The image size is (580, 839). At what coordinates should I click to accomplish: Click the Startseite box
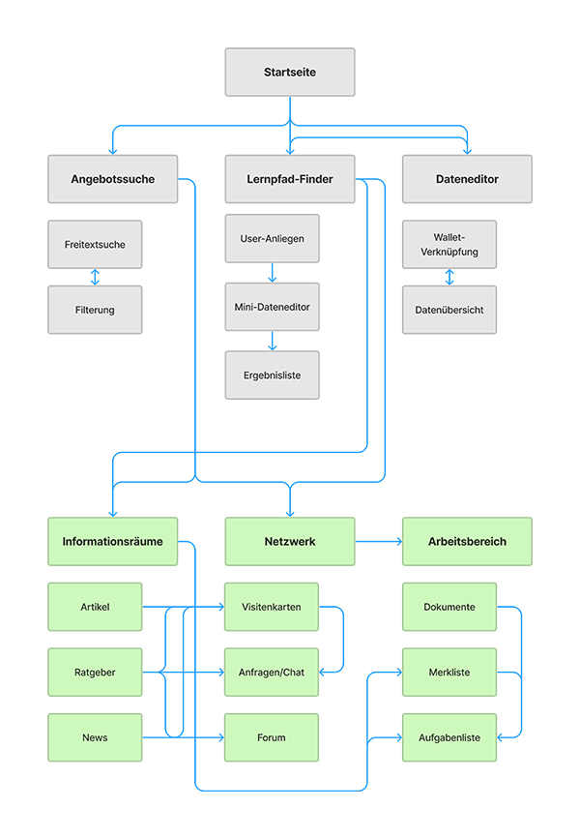coord(290,73)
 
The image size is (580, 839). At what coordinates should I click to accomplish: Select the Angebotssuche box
coord(113,179)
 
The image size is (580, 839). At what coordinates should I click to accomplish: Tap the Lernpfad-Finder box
coord(290,179)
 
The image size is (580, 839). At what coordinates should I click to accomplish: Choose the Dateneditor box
coord(467,179)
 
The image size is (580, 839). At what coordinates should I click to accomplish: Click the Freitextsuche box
coord(95,245)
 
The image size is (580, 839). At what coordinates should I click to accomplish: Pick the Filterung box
coord(95,310)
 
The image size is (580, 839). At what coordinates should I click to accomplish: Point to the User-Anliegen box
coord(272,239)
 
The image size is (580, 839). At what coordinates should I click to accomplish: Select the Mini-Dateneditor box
coord(272,307)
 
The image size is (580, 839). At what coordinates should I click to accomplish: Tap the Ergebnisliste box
coord(272,375)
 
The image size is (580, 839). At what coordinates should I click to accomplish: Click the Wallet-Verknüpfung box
coord(449,245)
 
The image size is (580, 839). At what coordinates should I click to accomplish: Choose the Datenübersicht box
coord(449,310)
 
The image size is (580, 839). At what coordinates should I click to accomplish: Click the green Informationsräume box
coord(113,542)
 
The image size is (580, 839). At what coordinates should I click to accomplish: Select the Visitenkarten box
coord(272,607)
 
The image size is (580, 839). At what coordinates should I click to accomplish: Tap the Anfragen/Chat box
coord(272,672)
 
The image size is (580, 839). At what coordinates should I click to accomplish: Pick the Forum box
coord(272,737)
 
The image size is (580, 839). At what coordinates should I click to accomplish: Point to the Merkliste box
coord(449,672)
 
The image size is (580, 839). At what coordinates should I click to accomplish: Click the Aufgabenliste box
coord(449,737)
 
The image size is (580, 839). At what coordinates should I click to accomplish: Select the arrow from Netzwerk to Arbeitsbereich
coord(379,542)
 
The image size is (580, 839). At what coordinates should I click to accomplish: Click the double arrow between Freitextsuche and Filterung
coord(95,277)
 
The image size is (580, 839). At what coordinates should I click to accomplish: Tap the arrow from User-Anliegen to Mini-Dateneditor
coord(272,273)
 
